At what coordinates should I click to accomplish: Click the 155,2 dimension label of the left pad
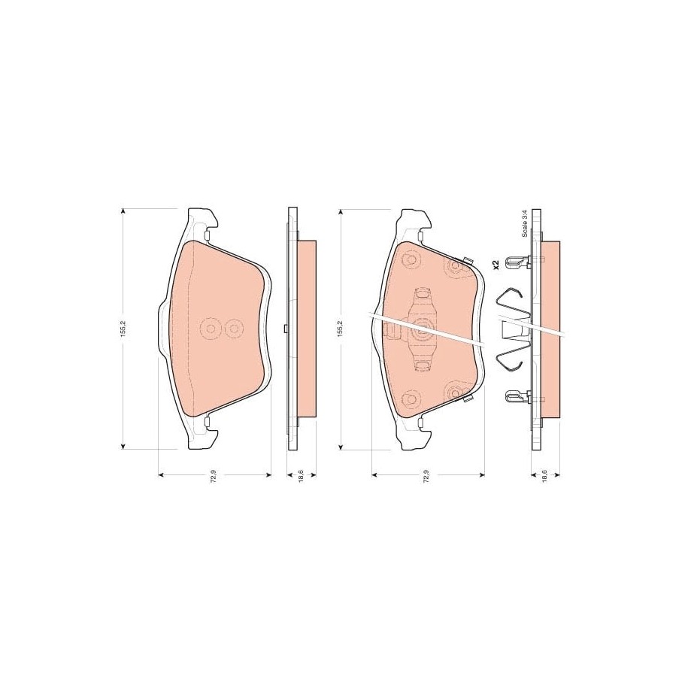tap(124, 329)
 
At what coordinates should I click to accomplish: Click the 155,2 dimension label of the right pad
tap(340, 329)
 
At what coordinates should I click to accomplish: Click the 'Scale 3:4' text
tap(524, 225)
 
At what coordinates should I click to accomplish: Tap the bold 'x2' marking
tap(496, 264)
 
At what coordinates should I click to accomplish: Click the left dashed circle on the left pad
tap(211, 329)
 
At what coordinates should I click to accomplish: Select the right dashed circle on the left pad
tap(233, 329)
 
